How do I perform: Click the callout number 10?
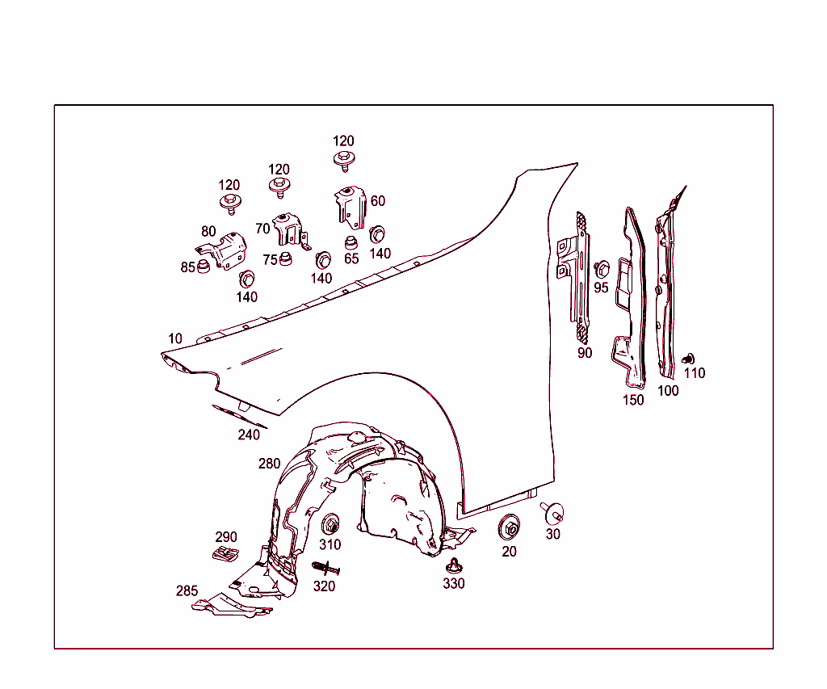pyautogui.click(x=175, y=338)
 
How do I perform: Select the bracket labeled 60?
pyautogui.click(x=350, y=207)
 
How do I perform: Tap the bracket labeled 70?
pyautogui.click(x=290, y=230)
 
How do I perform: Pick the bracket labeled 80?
pyautogui.click(x=224, y=250)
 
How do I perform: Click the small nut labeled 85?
pyautogui.click(x=203, y=267)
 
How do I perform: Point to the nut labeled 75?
pyautogui.click(x=285, y=259)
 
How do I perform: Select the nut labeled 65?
pyautogui.click(x=351, y=243)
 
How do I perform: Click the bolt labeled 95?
pyautogui.click(x=601, y=269)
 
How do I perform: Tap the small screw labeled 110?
pyautogui.click(x=688, y=359)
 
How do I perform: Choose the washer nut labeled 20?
pyautogui.click(x=509, y=527)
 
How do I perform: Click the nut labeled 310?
pyautogui.click(x=330, y=524)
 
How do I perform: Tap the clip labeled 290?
pyautogui.click(x=225, y=553)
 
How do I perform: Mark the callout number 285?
pyautogui.click(x=187, y=591)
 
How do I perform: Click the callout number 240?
pyautogui.click(x=249, y=435)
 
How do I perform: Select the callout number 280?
pyautogui.click(x=269, y=464)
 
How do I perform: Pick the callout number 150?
pyautogui.click(x=633, y=400)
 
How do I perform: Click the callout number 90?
pyautogui.click(x=585, y=353)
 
